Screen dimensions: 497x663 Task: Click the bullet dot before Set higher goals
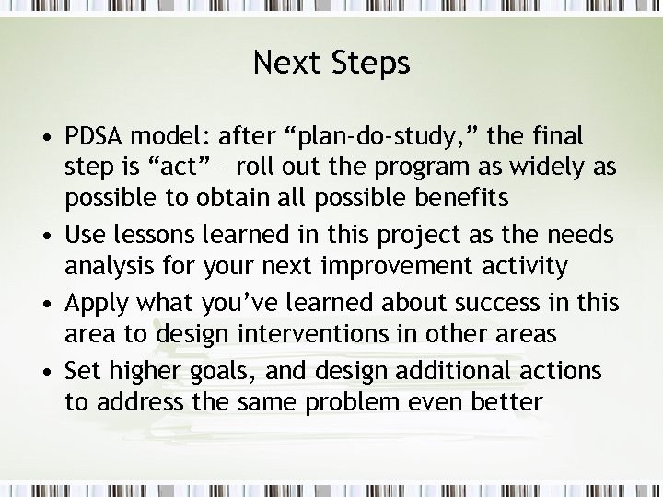47,372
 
